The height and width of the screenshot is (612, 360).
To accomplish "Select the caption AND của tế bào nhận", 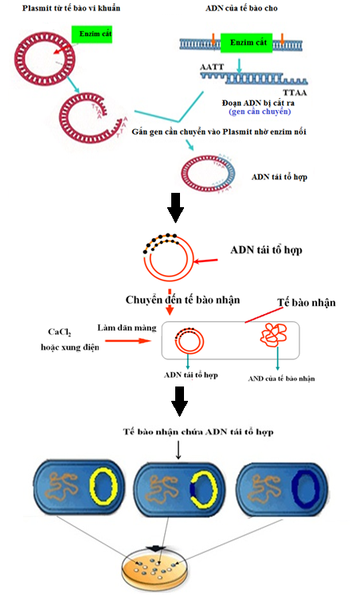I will [x=281, y=379].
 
